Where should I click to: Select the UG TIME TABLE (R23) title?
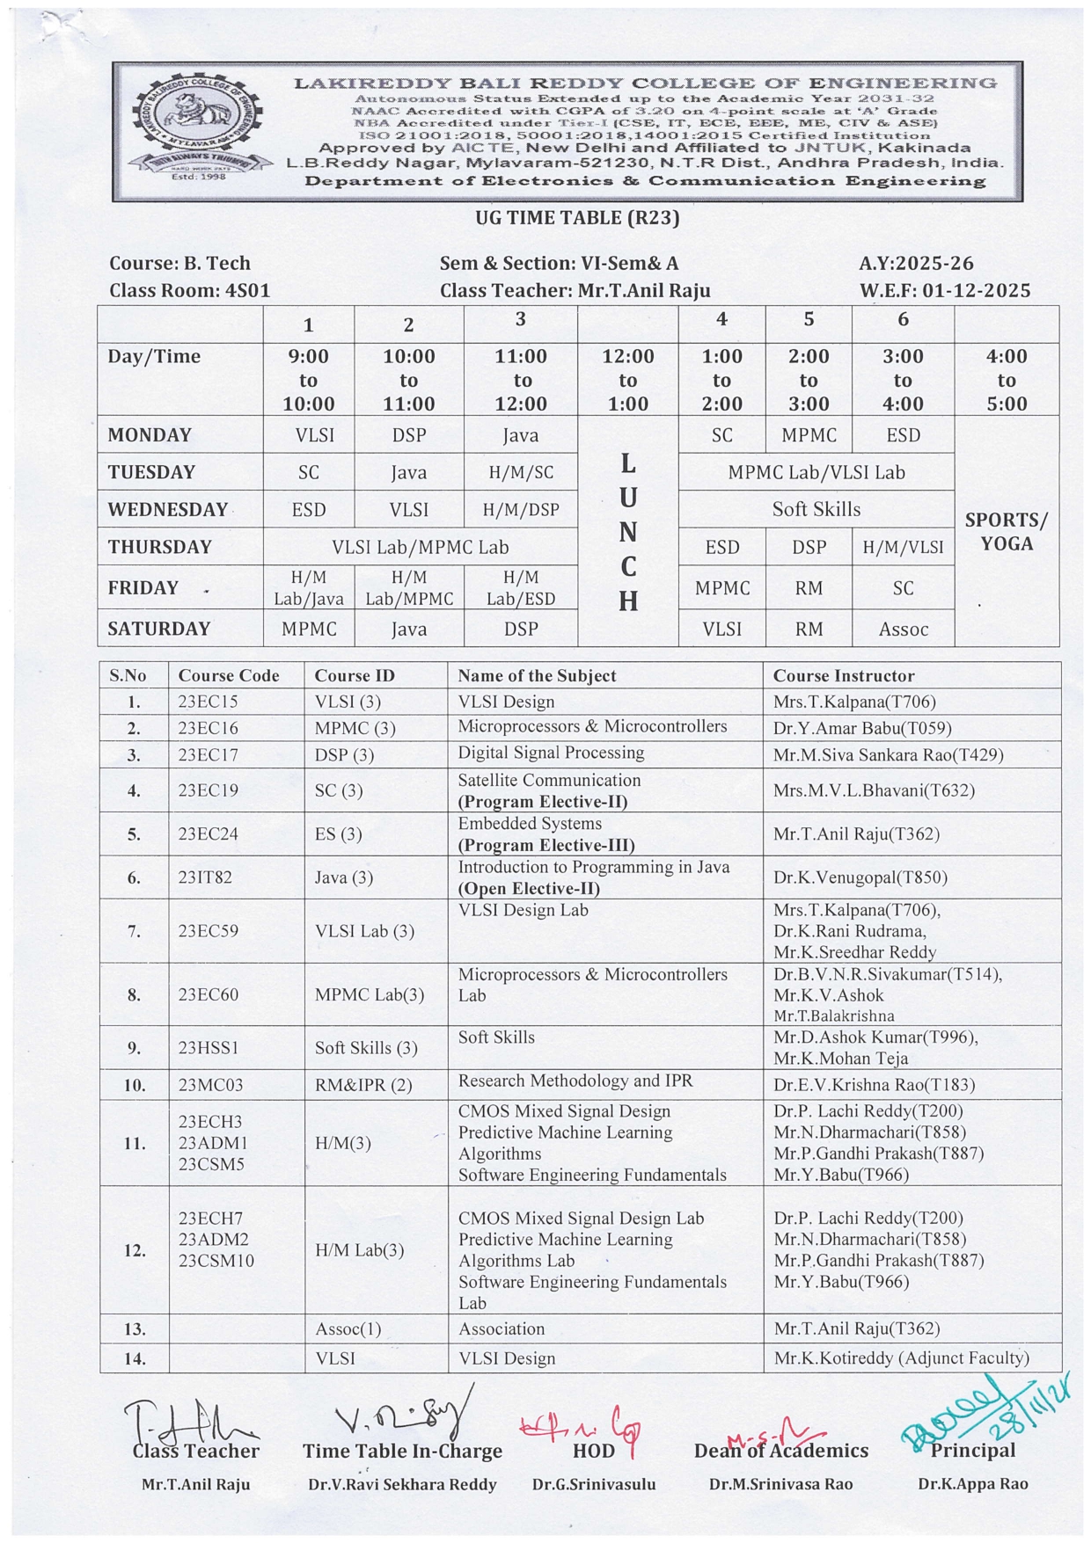click(x=577, y=217)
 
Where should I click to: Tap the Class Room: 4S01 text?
click(x=189, y=290)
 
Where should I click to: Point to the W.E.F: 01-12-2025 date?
click(x=944, y=290)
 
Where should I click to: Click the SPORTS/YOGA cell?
click(x=1006, y=531)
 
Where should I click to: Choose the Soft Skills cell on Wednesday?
click(x=816, y=509)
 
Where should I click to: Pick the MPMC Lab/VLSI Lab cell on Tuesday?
click(x=816, y=472)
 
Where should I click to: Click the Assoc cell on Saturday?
click(x=903, y=629)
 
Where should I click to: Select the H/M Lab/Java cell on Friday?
click(x=308, y=588)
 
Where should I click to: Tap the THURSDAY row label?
click(x=159, y=547)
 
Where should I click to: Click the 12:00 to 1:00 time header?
click(x=627, y=380)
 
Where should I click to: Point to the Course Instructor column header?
click(x=843, y=675)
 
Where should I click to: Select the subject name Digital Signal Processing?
click(x=551, y=753)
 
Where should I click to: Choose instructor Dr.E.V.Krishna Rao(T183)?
click(x=874, y=1084)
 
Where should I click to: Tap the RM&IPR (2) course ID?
click(x=362, y=1084)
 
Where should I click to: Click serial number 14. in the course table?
click(x=134, y=1358)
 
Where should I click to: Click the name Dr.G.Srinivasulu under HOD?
click(x=593, y=1484)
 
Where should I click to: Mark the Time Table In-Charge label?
click(x=402, y=1451)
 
